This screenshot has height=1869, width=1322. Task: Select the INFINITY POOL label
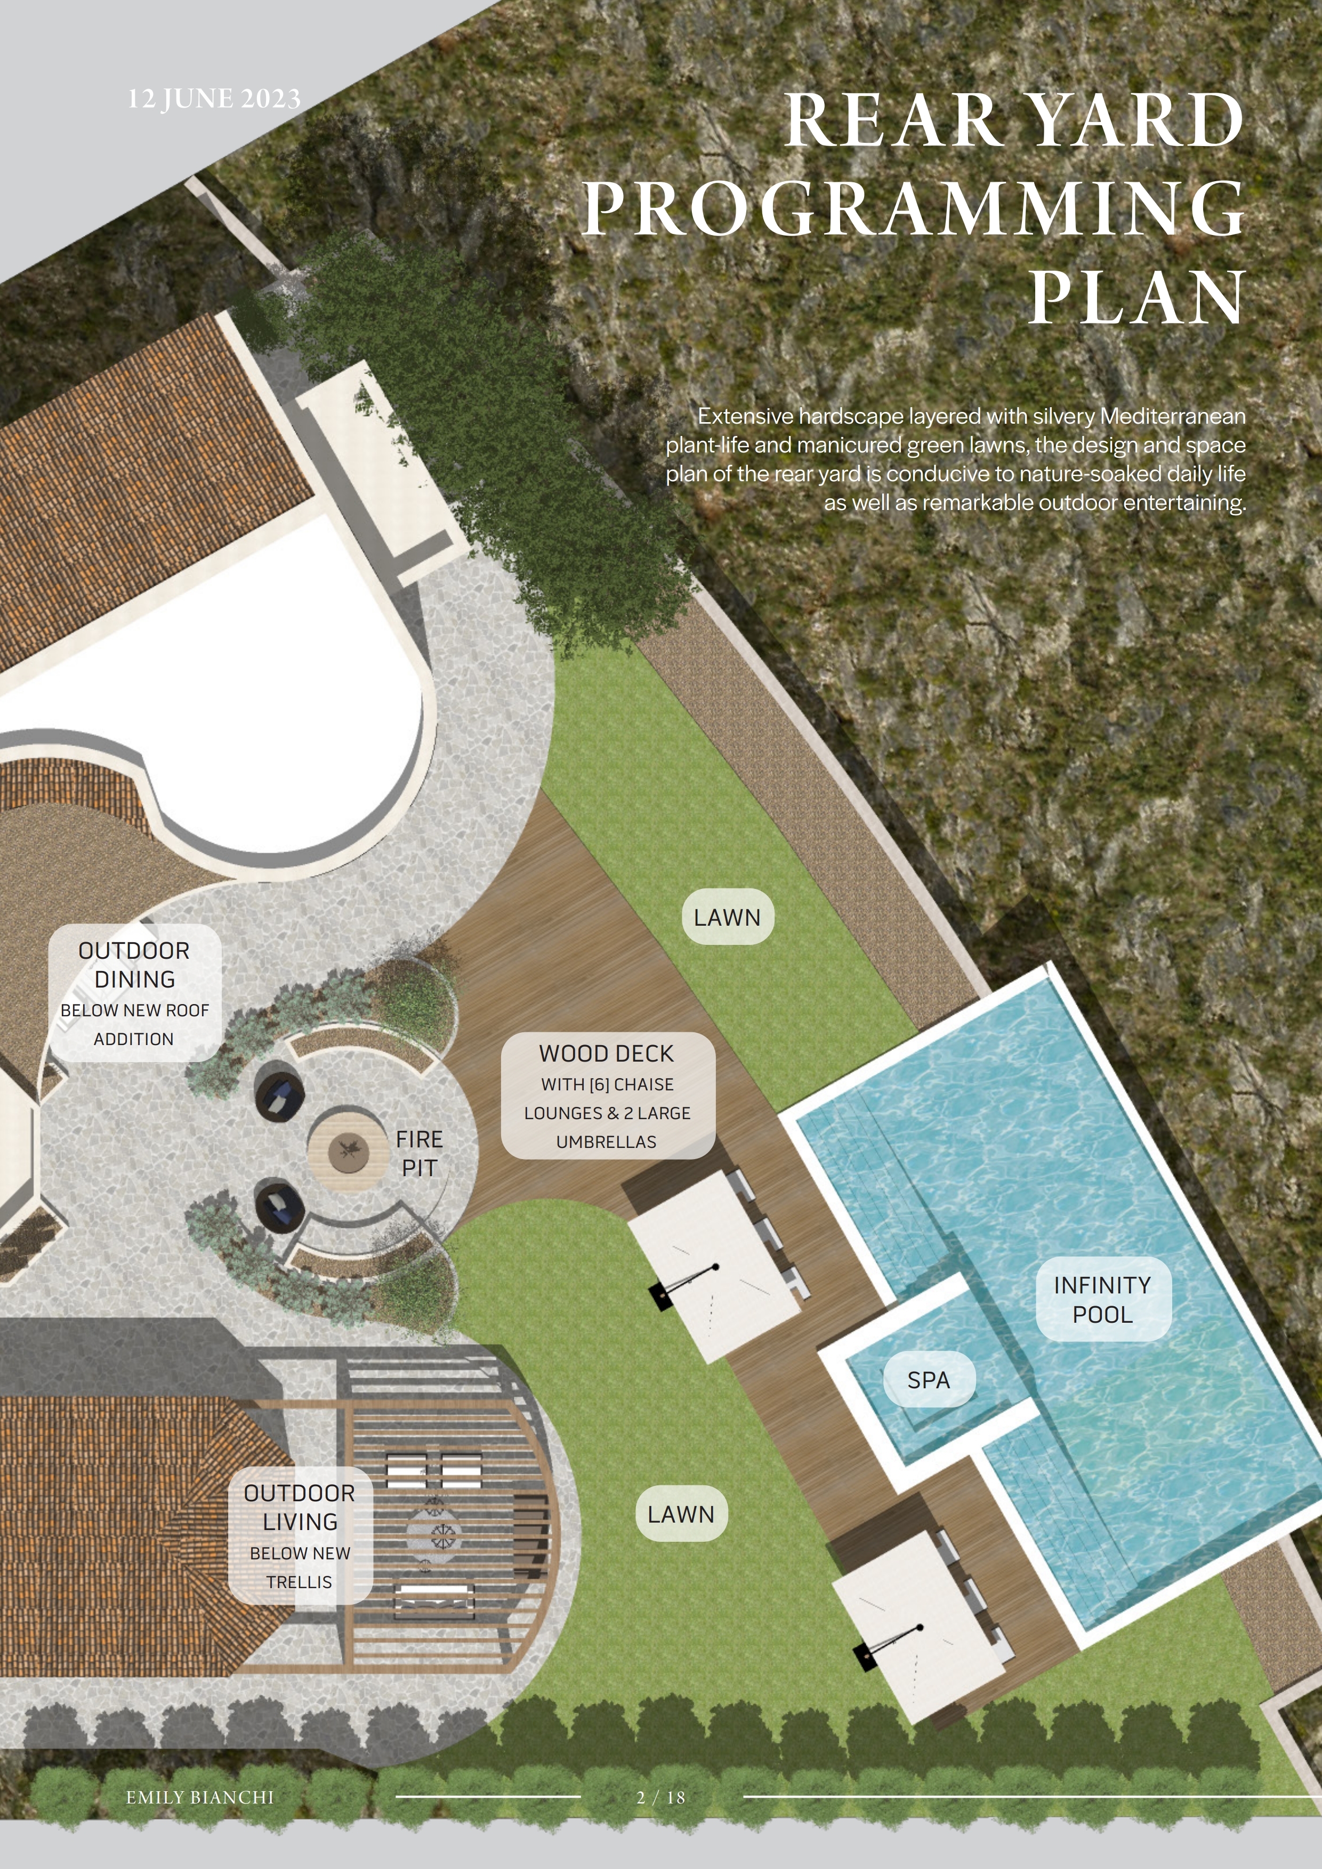(1103, 1299)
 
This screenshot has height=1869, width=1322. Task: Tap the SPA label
(929, 1380)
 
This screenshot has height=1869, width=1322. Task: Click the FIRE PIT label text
(419, 1153)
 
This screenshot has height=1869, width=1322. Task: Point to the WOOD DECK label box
(607, 1096)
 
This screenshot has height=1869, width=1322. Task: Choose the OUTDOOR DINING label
(134, 993)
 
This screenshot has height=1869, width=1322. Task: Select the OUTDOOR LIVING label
(300, 1535)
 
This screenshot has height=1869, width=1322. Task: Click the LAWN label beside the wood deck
(728, 917)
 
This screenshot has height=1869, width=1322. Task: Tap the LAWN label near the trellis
(681, 1514)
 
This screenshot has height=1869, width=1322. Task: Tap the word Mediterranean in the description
(1173, 416)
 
